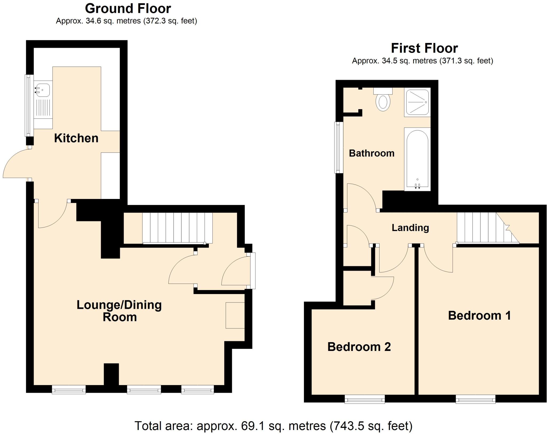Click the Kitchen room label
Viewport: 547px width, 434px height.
pos(76,138)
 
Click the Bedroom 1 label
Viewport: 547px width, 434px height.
pos(479,316)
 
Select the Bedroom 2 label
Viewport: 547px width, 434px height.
pos(359,347)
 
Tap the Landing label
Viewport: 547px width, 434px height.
pos(410,228)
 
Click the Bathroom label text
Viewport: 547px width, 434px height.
pos(372,153)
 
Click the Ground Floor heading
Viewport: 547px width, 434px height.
pos(128,9)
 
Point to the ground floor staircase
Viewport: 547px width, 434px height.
pos(177,228)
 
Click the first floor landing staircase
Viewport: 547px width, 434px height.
pos(483,228)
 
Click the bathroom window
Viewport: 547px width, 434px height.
pos(339,147)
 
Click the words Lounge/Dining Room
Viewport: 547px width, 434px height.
pos(119,311)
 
